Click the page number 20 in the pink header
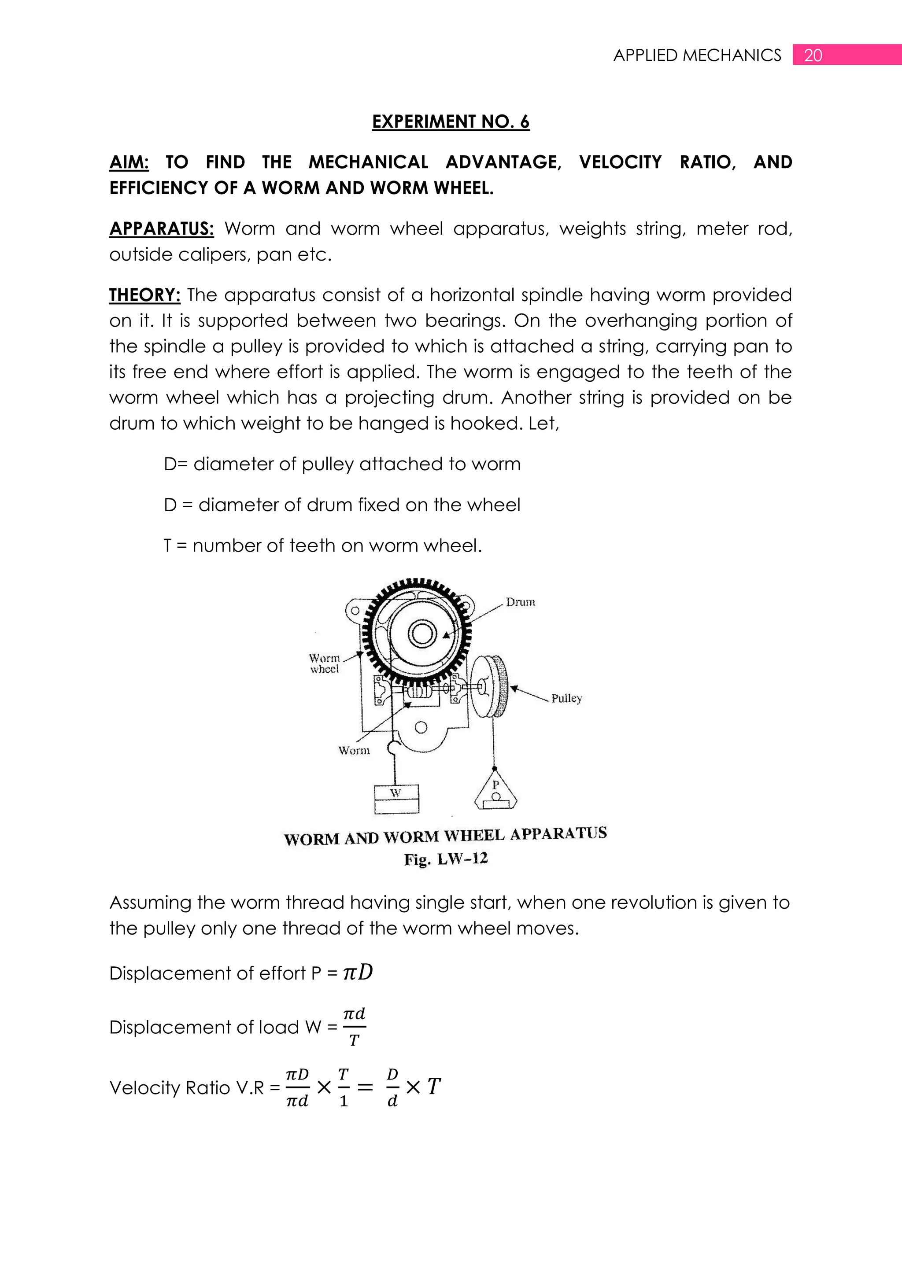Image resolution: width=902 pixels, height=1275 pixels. click(x=813, y=55)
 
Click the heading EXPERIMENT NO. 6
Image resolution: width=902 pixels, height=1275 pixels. click(x=451, y=122)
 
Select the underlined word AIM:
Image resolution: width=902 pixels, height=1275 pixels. click(x=129, y=162)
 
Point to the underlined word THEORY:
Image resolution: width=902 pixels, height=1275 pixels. click(x=144, y=295)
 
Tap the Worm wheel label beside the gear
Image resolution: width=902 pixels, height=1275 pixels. click(x=324, y=663)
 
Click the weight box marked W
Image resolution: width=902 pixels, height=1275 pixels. click(x=396, y=798)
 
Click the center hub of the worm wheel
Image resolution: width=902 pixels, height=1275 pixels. click(x=421, y=634)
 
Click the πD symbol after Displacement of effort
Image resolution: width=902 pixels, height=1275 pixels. click(x=358, y=973)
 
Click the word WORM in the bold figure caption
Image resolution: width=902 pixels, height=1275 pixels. click(x=311, y=839)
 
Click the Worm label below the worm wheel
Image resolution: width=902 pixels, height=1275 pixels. click(x=353, y=751)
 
